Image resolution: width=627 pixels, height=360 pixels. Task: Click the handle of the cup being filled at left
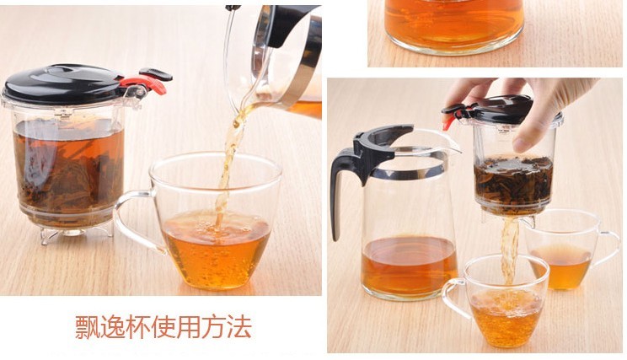pyautogui.click(x=132, y=220)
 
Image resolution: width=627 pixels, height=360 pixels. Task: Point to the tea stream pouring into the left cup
pyautogui.click(x=228, y=168)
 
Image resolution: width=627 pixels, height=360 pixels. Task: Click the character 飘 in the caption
pyautogui.click(x=87, y=327)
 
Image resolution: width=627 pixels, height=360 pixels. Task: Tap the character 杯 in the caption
pyautogui.click(x=138, y=327)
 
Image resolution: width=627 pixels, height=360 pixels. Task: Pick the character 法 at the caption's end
pyautogui.click(x=239, y=327)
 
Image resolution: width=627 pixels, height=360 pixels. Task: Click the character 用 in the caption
pyautogui.click(x=188, y=327)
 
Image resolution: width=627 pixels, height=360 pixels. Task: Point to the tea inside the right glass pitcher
pyautogui.click(x=409, y=265)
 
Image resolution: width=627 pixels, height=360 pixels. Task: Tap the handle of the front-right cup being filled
pyautogui.click(x=454, y=296)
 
